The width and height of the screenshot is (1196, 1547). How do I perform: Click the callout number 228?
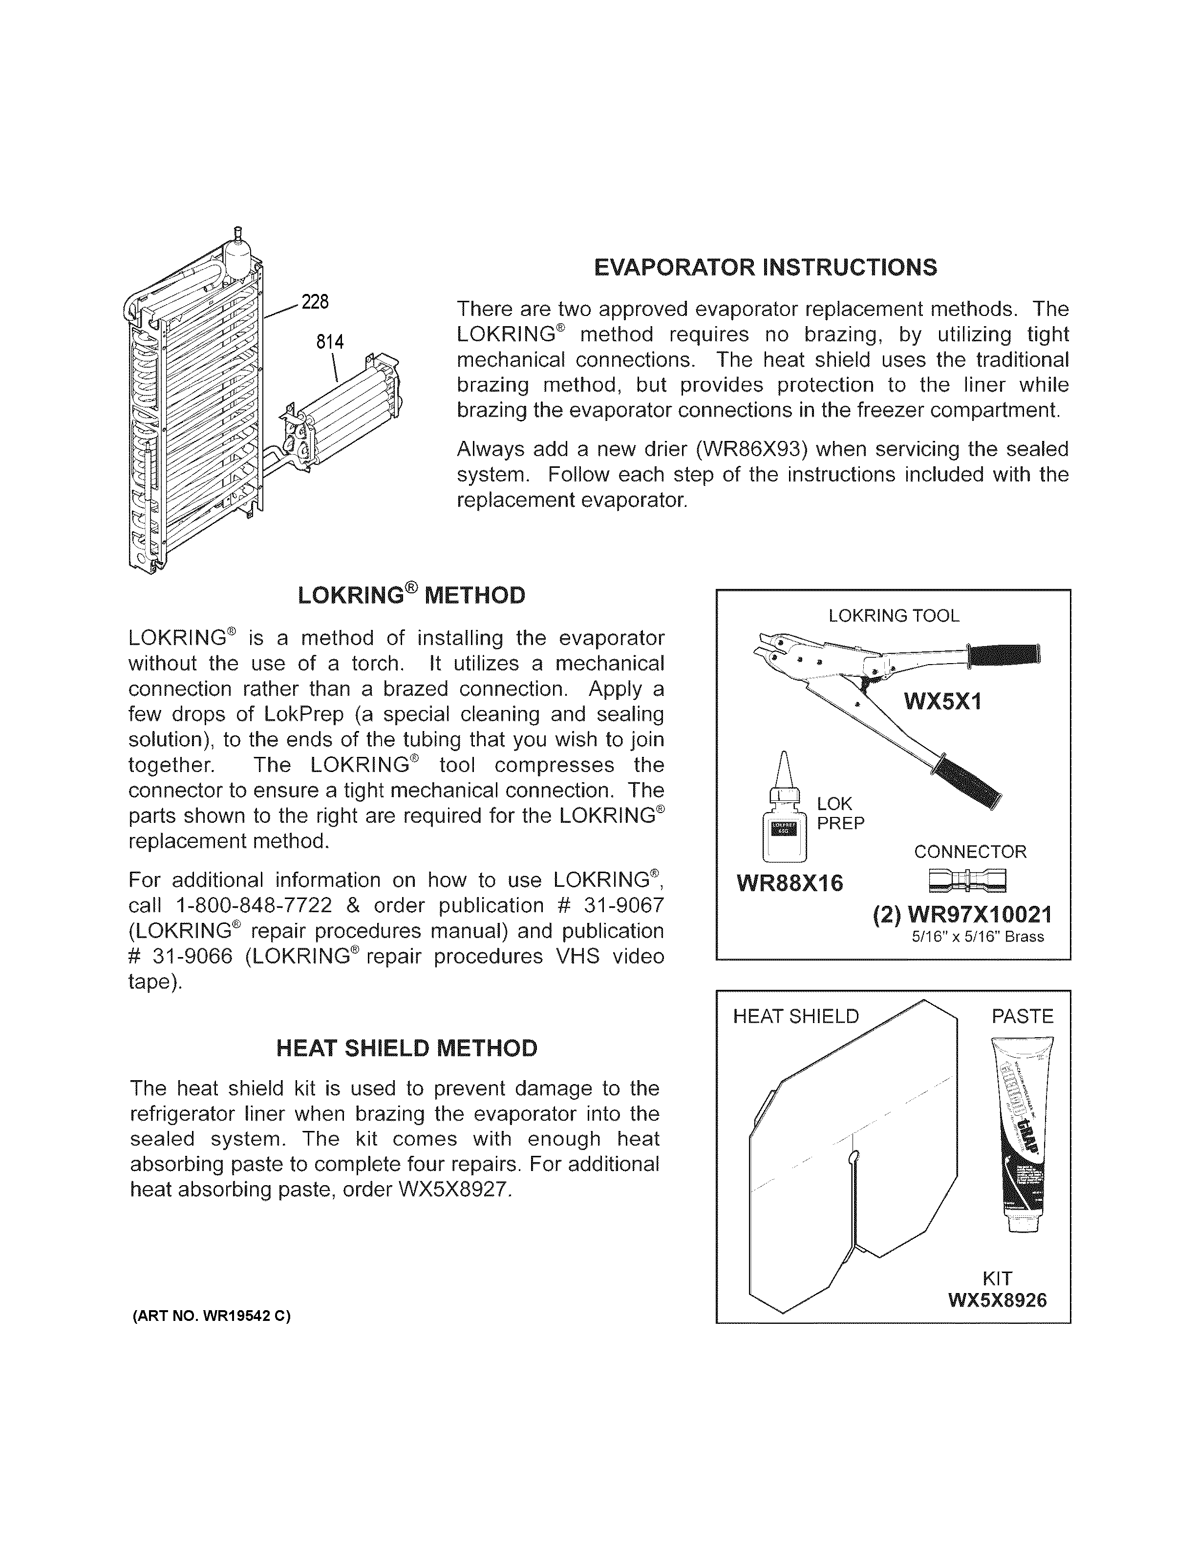pyautogui.click(x=315, y=302)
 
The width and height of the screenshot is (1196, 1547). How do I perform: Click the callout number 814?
pyautogui.click(x=329, y=343)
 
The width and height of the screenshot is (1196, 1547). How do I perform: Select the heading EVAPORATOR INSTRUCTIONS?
pyautogui.click(x=765, y=268)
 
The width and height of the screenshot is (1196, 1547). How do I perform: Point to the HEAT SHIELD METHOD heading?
pyautogui.click(x=406, y=1048)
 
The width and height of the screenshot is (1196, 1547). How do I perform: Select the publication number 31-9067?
pyautogui.click(x=623, y=906)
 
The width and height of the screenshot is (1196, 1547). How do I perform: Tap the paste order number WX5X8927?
pyautogui.click(x=453, y=1189)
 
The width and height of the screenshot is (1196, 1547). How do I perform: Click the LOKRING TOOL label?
pyautogui.click(x=894, y=616)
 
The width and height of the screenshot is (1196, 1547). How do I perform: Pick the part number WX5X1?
pyautogui.click(x=942, y=703)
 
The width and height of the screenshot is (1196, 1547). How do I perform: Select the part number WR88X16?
pyautogui.click(x=790, y=884)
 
